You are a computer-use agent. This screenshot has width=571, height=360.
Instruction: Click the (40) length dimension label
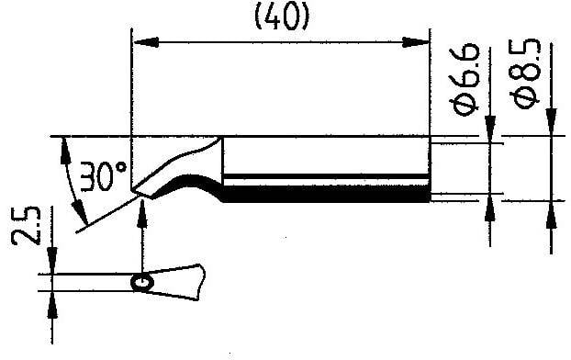(280, 17)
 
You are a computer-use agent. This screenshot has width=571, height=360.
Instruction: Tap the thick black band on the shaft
(326, 192)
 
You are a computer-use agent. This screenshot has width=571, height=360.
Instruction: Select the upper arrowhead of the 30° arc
(64, 147)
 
